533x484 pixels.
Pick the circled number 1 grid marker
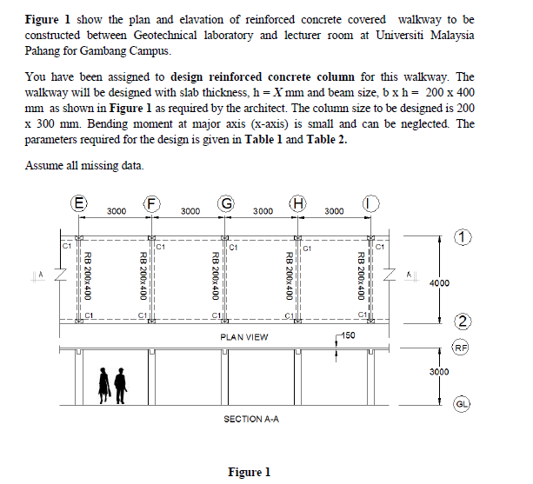[x=465, y=236]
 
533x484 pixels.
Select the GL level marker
[x=465, y=404]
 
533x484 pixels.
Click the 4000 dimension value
[x=441, y=283]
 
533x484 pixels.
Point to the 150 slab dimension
[x=347, y=335]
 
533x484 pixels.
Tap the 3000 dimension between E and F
[x=117, y=211]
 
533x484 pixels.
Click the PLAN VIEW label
[x=244, y=337]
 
